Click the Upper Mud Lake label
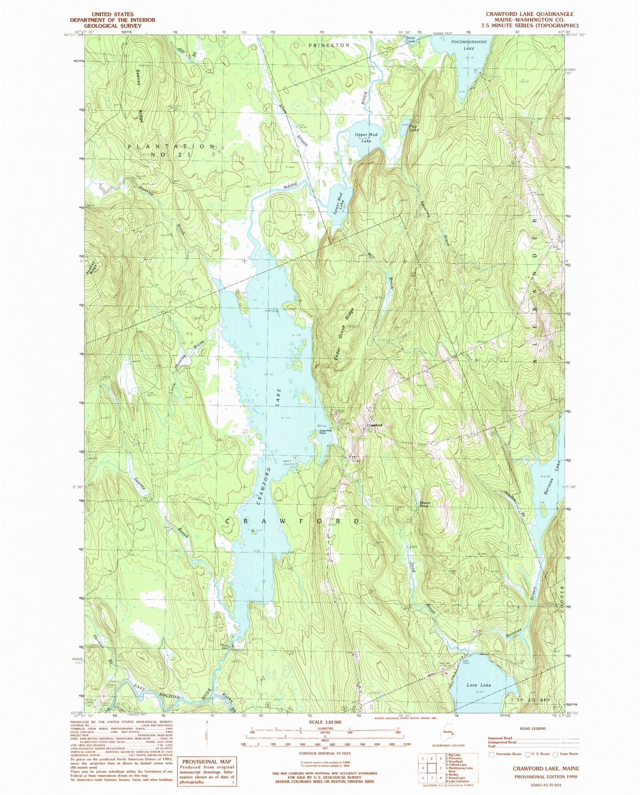click(366, 137)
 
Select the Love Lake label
click(478, 684)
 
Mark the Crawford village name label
click(374, 425)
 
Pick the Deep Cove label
click(410, 39)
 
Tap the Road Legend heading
click(532, 728)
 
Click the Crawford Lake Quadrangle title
click(532, 14)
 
